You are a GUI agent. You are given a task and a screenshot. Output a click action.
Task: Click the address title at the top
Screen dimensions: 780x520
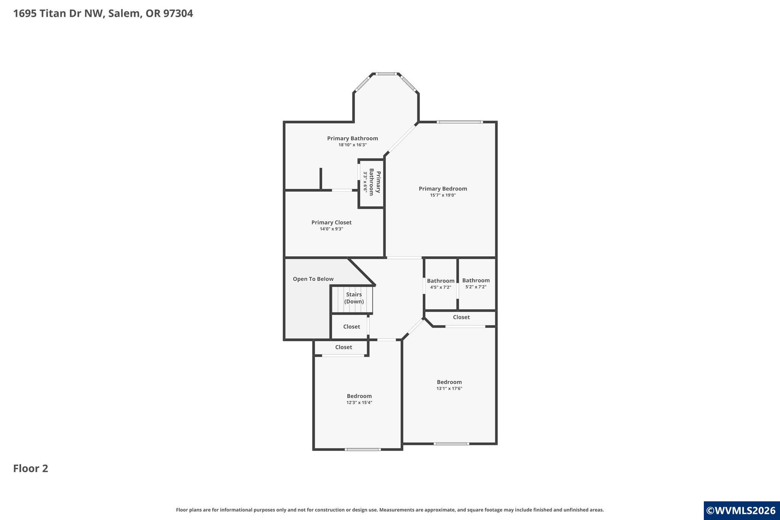click(103, 14)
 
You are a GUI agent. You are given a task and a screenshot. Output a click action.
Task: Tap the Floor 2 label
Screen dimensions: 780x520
click(31, 468)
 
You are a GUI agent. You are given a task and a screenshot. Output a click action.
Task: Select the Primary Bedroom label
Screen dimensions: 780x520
click(443, 189)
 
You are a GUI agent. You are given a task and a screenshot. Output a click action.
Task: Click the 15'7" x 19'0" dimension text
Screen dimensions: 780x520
click(443, 195)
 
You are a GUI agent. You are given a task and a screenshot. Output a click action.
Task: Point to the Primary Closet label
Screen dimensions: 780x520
click(331, 222)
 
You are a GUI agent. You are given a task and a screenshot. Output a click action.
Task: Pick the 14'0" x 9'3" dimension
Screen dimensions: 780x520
click(331, 229)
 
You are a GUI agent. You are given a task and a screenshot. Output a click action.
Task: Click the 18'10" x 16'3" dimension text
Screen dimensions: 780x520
click(353, 145)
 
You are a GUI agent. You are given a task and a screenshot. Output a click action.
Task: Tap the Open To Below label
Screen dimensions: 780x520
click(313, 279)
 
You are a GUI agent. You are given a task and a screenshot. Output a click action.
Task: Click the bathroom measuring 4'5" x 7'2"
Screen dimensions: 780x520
click(441, 284)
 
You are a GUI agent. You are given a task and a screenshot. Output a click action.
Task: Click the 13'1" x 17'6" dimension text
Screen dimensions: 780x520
click(449, 389)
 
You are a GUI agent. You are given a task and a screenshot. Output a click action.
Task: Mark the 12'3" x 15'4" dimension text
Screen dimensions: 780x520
click(359, 403)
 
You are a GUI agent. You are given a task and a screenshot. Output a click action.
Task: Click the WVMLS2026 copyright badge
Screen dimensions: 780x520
click(741, 511)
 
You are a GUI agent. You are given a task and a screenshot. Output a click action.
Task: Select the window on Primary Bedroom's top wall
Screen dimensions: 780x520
click(460, 122)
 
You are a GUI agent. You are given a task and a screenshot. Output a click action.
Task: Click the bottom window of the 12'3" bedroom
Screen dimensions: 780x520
click(363, 450)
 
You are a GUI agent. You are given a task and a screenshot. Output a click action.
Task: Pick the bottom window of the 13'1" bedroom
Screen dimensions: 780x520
click(451, 443)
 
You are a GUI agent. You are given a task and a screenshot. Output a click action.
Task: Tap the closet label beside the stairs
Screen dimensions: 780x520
click(352, 327)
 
